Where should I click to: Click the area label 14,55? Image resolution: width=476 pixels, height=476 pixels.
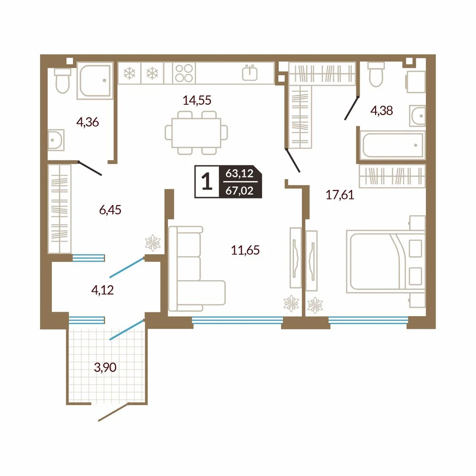197,100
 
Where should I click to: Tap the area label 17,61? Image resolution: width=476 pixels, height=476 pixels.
340,195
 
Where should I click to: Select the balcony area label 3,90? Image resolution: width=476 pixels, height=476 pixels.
105,367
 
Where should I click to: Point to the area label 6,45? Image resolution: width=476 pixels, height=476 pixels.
110,210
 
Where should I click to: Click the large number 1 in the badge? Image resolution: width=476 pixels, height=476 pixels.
207,181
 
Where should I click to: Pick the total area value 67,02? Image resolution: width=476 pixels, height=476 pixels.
239,191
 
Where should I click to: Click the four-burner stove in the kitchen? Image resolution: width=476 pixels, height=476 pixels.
184,73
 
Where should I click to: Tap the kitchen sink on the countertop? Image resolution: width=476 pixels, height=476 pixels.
250,73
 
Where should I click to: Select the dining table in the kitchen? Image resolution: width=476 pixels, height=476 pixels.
196,133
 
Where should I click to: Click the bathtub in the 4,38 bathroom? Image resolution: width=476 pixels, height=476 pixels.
393,145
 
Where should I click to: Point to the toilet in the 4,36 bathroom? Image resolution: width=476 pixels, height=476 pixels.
62,80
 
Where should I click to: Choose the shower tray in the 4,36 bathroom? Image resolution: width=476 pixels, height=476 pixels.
95,81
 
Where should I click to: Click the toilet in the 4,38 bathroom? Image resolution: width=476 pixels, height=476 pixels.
376,74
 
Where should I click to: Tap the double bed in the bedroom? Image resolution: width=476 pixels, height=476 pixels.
386,261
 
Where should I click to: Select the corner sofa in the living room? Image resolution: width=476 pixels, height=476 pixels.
197,268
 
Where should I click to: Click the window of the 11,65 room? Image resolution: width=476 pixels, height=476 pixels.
238,320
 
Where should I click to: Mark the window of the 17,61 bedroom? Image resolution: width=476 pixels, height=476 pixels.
368,320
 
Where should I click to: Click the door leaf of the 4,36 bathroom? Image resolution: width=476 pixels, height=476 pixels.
90,168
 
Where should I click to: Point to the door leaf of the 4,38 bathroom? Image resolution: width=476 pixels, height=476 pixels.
352,108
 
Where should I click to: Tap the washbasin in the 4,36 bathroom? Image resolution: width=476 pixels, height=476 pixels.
56,140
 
